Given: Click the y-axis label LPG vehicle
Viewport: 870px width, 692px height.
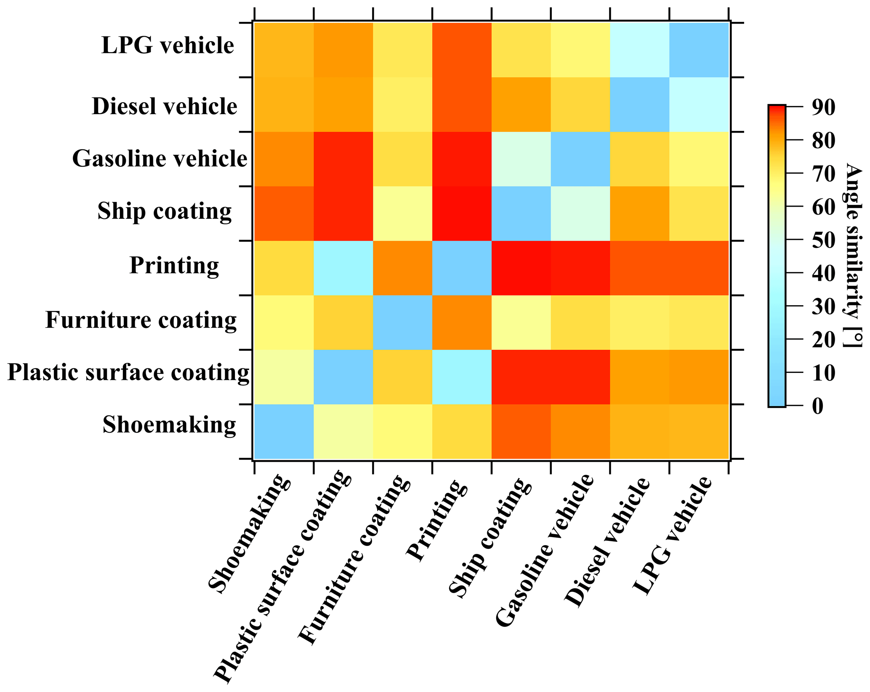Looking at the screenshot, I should [168, 45].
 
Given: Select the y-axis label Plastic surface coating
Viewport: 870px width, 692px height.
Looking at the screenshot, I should [128, 373].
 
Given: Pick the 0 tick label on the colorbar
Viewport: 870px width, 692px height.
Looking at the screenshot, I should [817, 406].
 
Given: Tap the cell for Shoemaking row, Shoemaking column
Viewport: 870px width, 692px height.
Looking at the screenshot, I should [284, 431].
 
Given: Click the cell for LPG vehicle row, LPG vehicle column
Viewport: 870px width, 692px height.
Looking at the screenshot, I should [699, 50].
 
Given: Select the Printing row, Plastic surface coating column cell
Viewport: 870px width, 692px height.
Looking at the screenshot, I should [343, 268].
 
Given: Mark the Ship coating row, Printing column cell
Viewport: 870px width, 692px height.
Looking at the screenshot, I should [462, 213].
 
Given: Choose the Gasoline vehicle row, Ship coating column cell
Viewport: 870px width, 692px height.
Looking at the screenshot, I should [521, 159].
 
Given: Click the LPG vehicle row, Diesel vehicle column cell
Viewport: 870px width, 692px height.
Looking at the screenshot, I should [639, 50].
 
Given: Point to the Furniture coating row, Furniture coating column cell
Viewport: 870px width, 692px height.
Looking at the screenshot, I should [402, 322].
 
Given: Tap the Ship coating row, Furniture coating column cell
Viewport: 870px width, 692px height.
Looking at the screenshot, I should [402, 213].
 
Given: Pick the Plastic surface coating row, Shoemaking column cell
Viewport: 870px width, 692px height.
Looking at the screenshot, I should [284, 377].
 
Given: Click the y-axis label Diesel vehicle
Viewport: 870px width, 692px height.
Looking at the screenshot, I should [165, 106].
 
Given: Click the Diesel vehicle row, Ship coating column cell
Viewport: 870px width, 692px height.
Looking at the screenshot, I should [521, 104].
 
